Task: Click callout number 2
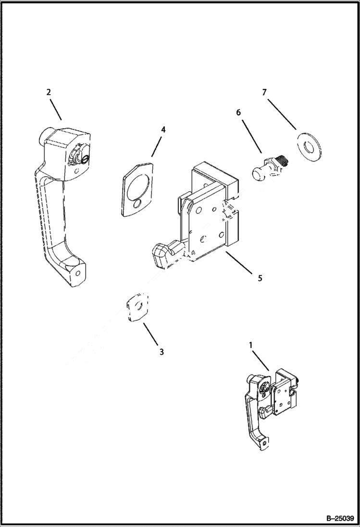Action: tap(49, 92)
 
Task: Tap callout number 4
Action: tap(163, 129)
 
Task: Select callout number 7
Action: tap(264, 92)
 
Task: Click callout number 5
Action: tap(260, 278)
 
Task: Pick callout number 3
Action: tap(161, 352)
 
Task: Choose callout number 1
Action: tap(250, 344)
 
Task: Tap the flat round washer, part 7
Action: tap(309, 146)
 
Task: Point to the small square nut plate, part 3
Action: tap(137, 307)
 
